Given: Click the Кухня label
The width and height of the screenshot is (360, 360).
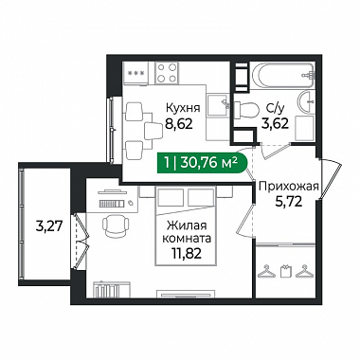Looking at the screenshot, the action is [183, 108].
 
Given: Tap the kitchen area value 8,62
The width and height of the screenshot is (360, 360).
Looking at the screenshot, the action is [178, 124].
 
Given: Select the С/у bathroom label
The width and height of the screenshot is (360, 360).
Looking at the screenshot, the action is [276, 108].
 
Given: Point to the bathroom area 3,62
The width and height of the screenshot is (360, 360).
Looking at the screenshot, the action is [275, 123].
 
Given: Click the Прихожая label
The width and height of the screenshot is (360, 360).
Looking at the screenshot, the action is [288, 187].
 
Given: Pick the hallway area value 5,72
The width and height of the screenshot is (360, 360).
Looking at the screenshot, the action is [288, 202].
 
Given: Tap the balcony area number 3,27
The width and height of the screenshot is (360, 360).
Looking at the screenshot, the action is [50, 226].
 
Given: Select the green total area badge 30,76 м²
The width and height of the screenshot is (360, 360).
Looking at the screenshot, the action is [201, 163].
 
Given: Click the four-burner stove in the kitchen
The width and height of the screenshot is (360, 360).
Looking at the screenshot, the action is [167, 73].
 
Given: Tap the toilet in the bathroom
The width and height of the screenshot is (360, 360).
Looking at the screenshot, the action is [247, 109].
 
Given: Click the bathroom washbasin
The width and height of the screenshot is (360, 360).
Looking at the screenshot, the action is [306, 101].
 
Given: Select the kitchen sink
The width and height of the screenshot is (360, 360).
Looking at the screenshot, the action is [218, 105].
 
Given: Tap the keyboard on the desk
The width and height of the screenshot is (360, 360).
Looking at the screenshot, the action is [111, 204].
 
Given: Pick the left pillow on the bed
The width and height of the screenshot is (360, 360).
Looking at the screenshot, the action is [171, 197].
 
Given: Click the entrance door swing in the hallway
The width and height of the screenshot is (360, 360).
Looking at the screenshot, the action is [331, 179].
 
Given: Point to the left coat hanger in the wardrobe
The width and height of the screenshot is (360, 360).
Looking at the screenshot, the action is [267, 271].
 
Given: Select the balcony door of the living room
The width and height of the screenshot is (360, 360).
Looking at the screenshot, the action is [81, 242].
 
